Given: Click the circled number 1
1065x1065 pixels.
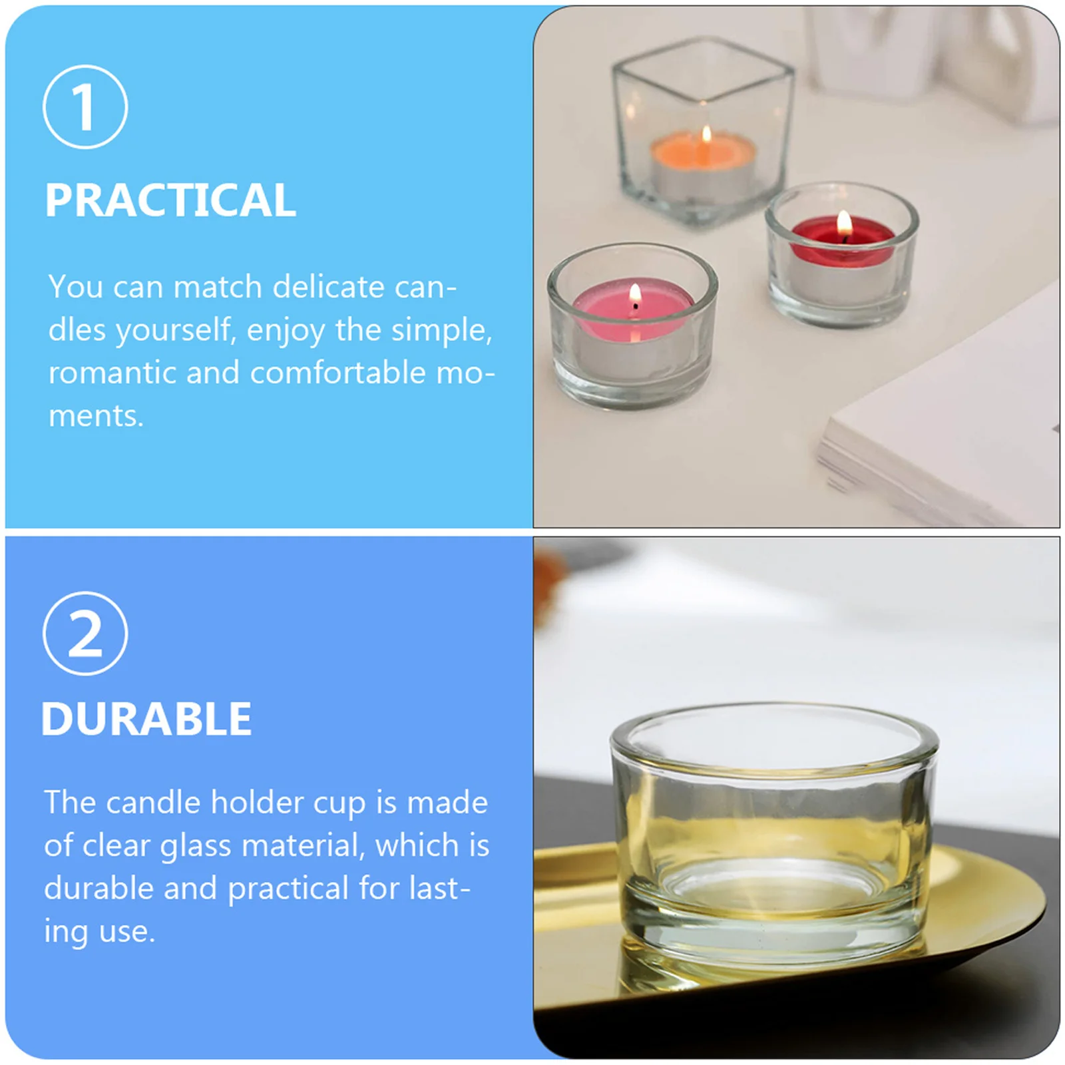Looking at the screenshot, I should (x=85, y=107).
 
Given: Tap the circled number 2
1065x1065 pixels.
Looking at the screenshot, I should (x=85, y=634).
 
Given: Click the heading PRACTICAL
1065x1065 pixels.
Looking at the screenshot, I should (x=170, y=200).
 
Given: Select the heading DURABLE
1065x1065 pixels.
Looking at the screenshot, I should (x=146, y=720).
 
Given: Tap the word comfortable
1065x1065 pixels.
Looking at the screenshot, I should (x=337, y=373).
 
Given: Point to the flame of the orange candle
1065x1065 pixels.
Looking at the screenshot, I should (x=706, y=135).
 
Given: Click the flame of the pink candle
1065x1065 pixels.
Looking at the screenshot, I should (x=635, y=293).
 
